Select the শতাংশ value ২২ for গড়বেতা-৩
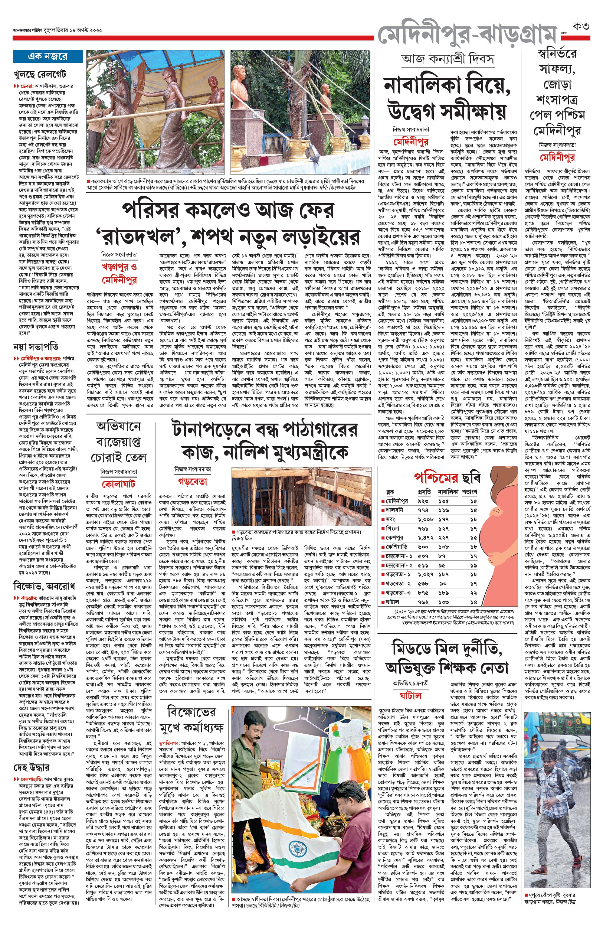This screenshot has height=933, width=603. [473, 593]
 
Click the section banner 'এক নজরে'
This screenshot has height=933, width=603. [47, 56]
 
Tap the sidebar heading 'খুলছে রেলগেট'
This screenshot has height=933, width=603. [40, 74]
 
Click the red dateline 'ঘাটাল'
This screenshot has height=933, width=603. [410, 696]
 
